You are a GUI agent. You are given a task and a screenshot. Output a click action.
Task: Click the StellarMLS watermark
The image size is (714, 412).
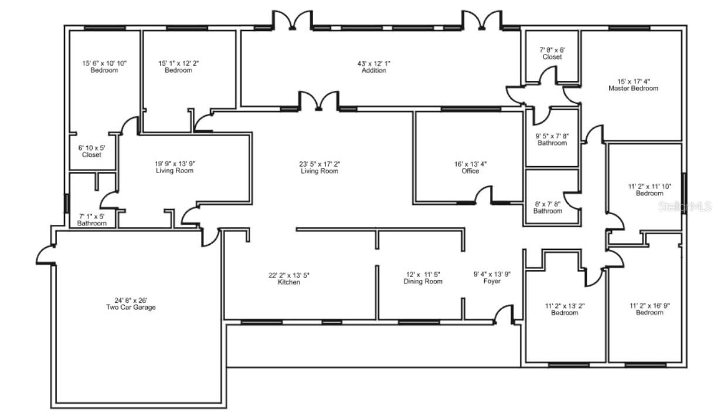[x=685, y=207]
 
